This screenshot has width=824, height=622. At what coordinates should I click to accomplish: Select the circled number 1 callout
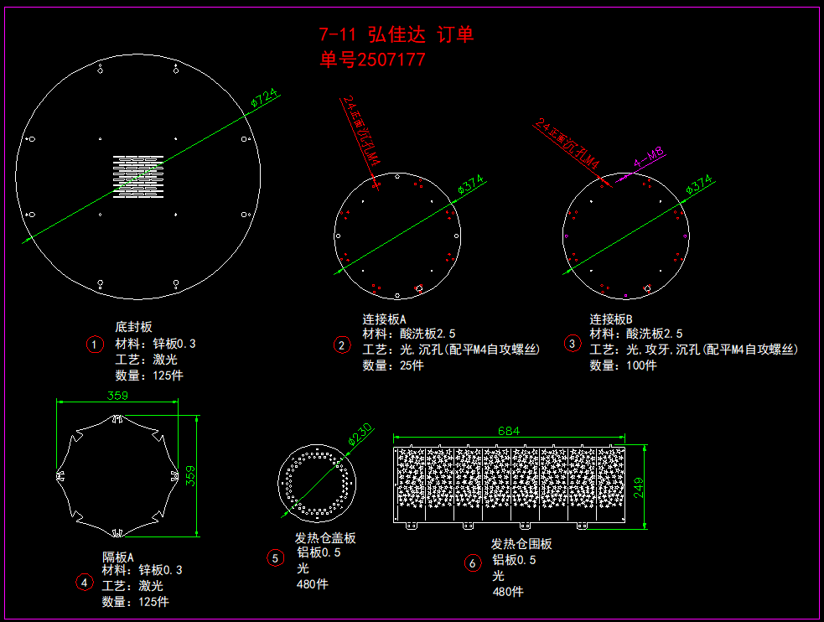(x=95, y=344)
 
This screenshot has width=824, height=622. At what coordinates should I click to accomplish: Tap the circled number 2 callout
(x=341, y=345)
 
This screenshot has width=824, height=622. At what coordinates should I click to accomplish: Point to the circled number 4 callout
(x=84, y=582)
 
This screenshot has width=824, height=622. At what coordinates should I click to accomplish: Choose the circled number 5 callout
(x=276, y=557)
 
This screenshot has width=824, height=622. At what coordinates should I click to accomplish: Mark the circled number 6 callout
(x=473, y=563)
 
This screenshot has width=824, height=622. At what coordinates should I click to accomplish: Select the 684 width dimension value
(x=509, y=431)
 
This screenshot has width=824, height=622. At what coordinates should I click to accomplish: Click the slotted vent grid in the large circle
(x=137, y=176)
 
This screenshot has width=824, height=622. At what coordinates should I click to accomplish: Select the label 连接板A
(x=384, y=319)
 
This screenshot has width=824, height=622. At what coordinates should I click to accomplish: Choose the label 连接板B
(x=611, y=319)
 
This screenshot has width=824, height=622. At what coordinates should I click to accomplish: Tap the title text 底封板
(x=133, y=327)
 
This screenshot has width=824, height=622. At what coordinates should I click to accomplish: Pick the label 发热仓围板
(x=521, y=544)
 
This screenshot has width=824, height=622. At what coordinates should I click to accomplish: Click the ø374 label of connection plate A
(x=471, y=187)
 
